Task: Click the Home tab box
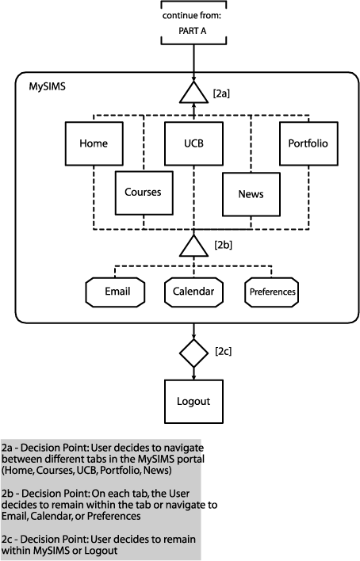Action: pyautogui.click(x=94, y=143)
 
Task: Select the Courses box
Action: pyautogui.click(x=144, y=193)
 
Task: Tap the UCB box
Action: pyautogui.click(x=193, y=143)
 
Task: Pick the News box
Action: pyautogui.click(x=251, y=194)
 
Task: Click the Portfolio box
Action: pyautogui.click(x=308, y=143)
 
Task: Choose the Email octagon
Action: pyautogui.click(x=115, y=292)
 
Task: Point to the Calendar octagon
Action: pyautogui.click(x=193, y=292)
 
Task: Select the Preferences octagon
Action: pyautogui.click(x=272, y=292)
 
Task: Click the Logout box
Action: pyautogui.click(x=193, y=402)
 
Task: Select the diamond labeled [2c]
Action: pyautogui.click(x=193, y=353)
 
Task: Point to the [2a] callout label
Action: pyautogui.click(x=221, y=93)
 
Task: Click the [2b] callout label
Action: pyautogui.click(x=223, y=245)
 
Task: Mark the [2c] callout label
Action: pyautogui.click(x=223, y=351)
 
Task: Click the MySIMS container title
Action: pyautogui.click(x=48, y=87)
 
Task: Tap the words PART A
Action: pyautogui.click(x=193, y=31)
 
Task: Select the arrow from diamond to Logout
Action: pyautogui.click(x=193, y=373)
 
